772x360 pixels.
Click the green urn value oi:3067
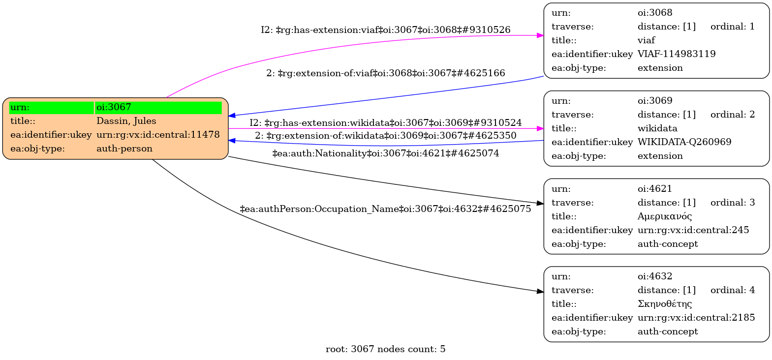click(x=114, y=107)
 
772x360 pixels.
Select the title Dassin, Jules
click(x=126, y=121)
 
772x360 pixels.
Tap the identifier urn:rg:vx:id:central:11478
click(x=158, y=135)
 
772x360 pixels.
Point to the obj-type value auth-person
click(x=124, y=149)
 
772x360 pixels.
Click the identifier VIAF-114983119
click(x=677, y=54)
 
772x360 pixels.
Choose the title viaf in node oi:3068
click(x=646, y=40)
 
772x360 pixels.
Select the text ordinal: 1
click(x=732, y=27)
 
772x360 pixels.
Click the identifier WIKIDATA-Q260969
click(x=684, y=142)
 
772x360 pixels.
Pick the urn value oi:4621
click(x=655, y=189)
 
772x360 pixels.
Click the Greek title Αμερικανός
click(x=664, y=216)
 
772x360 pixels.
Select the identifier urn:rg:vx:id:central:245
click(x=693, y=230)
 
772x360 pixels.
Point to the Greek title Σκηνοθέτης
click(x=664, y=304)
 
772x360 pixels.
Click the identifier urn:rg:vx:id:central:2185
click(x=696, y=318)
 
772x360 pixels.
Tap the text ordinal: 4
click(x=732, y=290)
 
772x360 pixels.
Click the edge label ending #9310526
click(x=385, y=30)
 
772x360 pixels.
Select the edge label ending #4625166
click(x=385, y=73)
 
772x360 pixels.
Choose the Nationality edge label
click(x=385, y=153)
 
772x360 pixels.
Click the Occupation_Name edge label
click(x=385, y=209)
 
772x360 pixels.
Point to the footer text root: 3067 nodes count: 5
click(x=385, y=349)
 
